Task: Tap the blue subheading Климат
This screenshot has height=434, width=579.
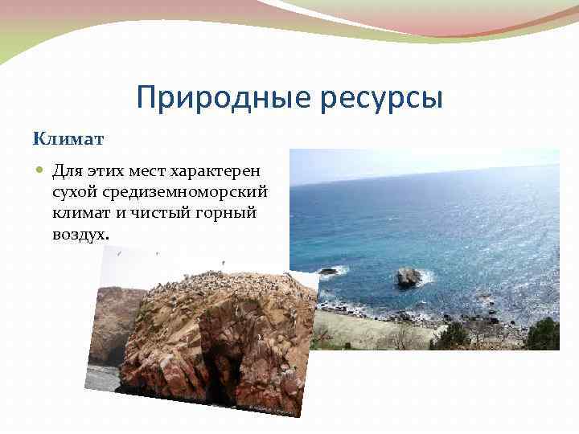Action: click(x=68, y=139)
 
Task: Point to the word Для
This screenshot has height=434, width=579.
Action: click(x=68, y=171)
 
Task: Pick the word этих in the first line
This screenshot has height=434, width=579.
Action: click(x=108, y=171)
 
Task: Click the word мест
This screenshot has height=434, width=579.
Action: click(x=154, y=171)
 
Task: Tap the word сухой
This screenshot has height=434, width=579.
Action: click(x=74, y=192)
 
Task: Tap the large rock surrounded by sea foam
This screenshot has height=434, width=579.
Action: click(x=409, y=277)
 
